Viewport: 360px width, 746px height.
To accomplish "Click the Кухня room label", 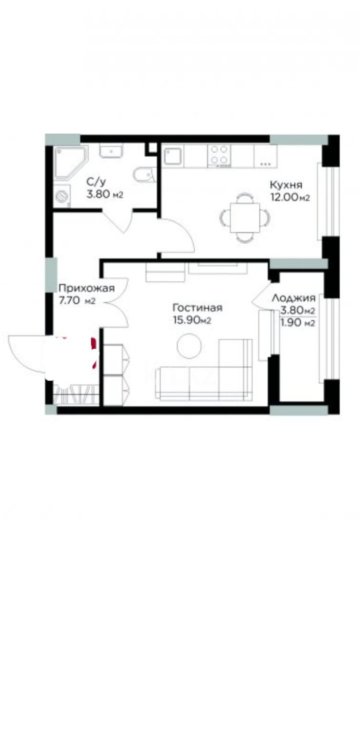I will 285,185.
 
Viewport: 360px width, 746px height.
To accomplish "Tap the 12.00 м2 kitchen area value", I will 290,198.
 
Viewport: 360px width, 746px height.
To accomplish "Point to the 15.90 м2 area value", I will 191,320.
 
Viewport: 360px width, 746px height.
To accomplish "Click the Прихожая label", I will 82,289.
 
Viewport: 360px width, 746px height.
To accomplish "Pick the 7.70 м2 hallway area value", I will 77,300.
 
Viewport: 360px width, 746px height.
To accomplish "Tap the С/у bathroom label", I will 96,182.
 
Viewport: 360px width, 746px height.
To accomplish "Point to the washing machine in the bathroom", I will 64,197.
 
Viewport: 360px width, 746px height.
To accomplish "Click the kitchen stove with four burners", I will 220,155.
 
